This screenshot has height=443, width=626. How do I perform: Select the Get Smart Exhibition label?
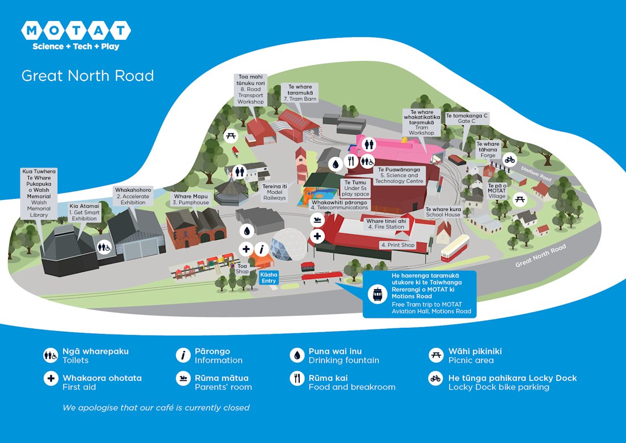pyautogui.click(x=84, y=212)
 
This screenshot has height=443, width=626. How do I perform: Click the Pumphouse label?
pyautogui.click(x=191, y=199)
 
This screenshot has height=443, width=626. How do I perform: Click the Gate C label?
pyautogui.click(x=470, y=118)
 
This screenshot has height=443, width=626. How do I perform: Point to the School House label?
pyautogui.click(x=443, y=212)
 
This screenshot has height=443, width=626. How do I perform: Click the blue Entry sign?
pyautogui.click(x=269, y=277)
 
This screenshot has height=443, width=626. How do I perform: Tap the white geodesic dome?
pyautogui.click(x=290, y=244)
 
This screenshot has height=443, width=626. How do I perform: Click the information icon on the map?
pyautogui.click(x=262, y=249)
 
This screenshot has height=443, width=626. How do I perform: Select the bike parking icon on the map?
pyautogui.click(x=510, y=160)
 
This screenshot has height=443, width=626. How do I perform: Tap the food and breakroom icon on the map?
pyautogui.click(x=351, y=161)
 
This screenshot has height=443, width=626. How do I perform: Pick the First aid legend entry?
pyautogui.click(x=94, y=382)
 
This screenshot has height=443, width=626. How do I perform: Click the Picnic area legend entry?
pyautogui.click(x=466, y=356)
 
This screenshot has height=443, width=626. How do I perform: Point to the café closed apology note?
pyautogui.click(x=156, y=408)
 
